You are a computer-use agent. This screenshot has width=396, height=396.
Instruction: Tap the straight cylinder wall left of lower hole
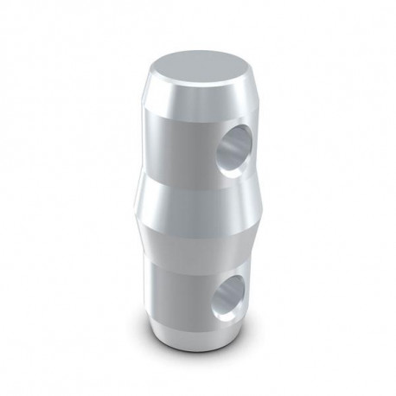pos(173,294)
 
